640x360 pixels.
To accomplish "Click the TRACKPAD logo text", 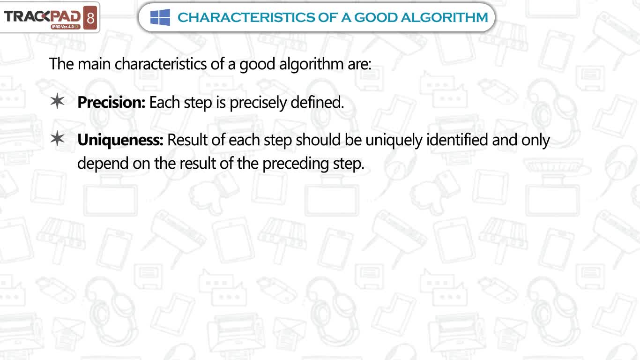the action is click(42, 16).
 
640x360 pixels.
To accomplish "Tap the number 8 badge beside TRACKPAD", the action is click(90, 18).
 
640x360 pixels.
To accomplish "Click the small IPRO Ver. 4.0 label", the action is click(66, 27).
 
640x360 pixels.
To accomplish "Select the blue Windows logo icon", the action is click(160, 17).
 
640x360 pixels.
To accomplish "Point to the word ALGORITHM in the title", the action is click(444, 17).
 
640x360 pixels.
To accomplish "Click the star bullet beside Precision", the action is click(58, 101).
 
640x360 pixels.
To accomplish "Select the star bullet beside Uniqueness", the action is click(58, 138).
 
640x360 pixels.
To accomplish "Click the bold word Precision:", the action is click(112, 102).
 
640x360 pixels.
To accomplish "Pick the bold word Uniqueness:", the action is click(120, 141).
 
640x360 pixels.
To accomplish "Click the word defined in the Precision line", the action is click(317, 102).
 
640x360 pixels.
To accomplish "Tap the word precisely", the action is click(258, 103).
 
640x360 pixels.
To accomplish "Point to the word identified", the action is click(457, 140).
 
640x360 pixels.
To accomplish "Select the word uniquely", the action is click(394, 141).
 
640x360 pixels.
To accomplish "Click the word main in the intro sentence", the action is click(94, 64).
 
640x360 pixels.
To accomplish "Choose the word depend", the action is click(103, 164).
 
